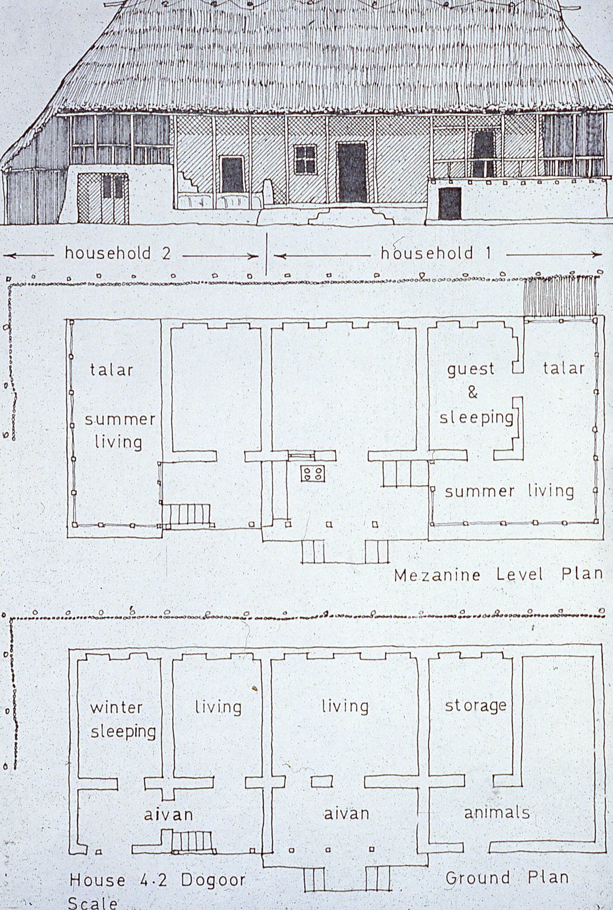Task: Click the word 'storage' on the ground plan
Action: pos(476,705)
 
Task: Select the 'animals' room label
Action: pos(497,812)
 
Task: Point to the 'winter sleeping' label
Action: pos(122,718)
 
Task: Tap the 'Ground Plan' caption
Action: pos(507,877)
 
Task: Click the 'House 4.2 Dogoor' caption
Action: pos(157,880)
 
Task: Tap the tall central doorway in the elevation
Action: pos(352,172)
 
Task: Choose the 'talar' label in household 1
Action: pos(564,368)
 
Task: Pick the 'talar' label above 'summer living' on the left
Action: pos(111,370)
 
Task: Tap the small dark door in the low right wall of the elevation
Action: pos(449,203)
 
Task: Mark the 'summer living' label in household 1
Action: pos(509,491)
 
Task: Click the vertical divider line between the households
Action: pos(266,253)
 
